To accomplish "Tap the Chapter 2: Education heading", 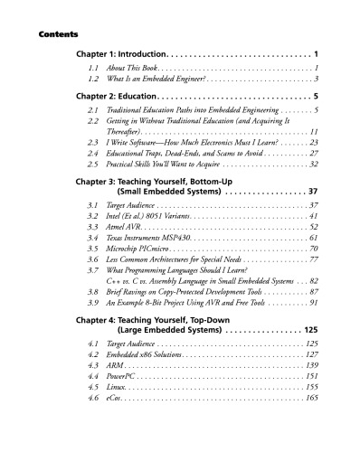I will tap(115, 95).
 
